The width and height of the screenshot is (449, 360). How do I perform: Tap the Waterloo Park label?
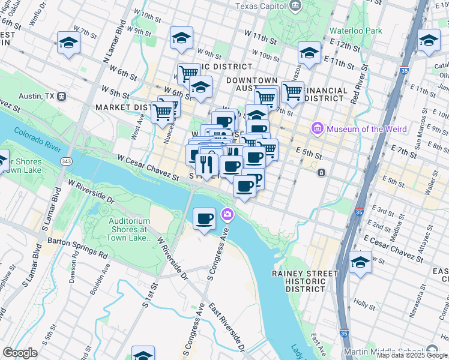(x=355, y=30)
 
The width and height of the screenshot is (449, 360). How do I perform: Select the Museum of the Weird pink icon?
(x=317, y=128)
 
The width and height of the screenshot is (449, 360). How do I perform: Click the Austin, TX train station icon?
(x=62, y=96)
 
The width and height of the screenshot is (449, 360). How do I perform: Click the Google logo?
(x=20, y=353)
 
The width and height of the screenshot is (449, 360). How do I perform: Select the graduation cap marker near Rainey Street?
(x=360, y=262)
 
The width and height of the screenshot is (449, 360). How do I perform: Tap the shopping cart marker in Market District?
(x=162, y=112)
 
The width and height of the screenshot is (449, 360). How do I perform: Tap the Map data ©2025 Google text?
(x=412, y=355)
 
